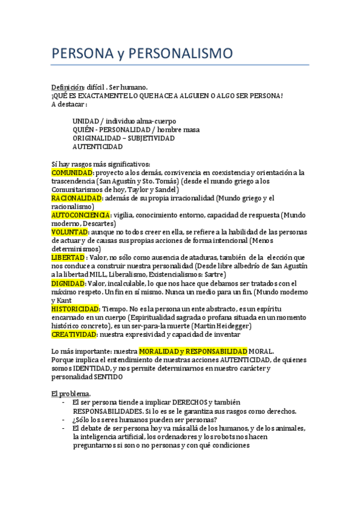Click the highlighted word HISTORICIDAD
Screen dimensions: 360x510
[x=75, y=309]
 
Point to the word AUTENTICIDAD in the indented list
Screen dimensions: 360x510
[x=98, y=146]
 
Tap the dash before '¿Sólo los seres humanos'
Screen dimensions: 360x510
[x=64, y=420]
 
